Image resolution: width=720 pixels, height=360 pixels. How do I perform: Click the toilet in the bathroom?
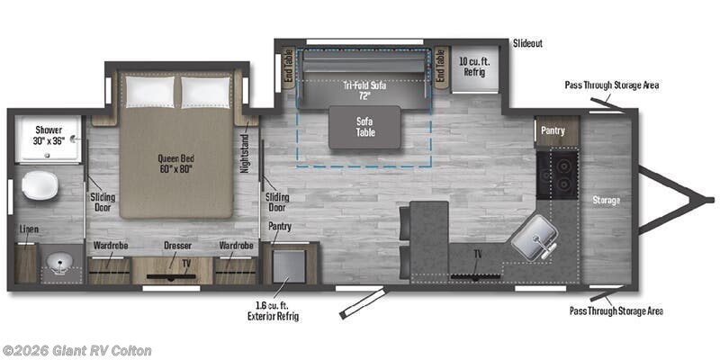coord(40,185)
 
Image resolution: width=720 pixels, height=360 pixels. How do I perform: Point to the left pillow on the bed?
coord(149,91)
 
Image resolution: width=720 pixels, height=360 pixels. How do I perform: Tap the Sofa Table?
coord(364,127)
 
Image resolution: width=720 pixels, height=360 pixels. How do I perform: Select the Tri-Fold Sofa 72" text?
coord(364,87)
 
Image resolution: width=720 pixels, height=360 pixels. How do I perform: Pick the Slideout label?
coord(528,43)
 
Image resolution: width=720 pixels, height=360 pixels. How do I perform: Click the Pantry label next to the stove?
coord(553,130)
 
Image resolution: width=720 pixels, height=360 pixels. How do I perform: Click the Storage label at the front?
coord(606,199)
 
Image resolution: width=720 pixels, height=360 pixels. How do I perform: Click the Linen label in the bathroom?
coord(29,229)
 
